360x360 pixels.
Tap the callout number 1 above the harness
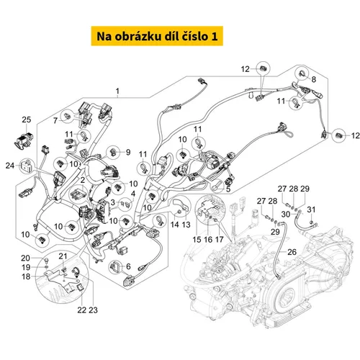click(x=117, y=91)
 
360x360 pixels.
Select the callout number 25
click(x=27, y=120)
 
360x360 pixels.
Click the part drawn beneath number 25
click(x=24, y=140)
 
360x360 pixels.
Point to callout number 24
click(x=10, y=166)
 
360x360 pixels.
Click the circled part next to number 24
click(x=27, y=166)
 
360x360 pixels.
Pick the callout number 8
click(x=314, y=79)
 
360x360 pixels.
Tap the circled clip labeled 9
click(x=113, y=153)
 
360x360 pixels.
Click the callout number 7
click(x=55, y=120)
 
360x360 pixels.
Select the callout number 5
click(x=228, y=189)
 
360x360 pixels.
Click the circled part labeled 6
click(x=116, y=266)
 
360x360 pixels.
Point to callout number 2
click(x=82, y=180)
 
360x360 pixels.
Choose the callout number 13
click(x=186, y=225)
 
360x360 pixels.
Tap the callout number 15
click(x=197, y=239)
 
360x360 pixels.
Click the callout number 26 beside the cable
click(x=292, y=252)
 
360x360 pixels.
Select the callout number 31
click(x=311, y=210)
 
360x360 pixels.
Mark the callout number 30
click(x=286, y=214)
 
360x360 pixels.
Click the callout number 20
click(x=25, y=258)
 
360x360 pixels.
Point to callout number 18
click(x=26, y=276)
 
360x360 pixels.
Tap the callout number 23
click(x=93, y=310)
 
